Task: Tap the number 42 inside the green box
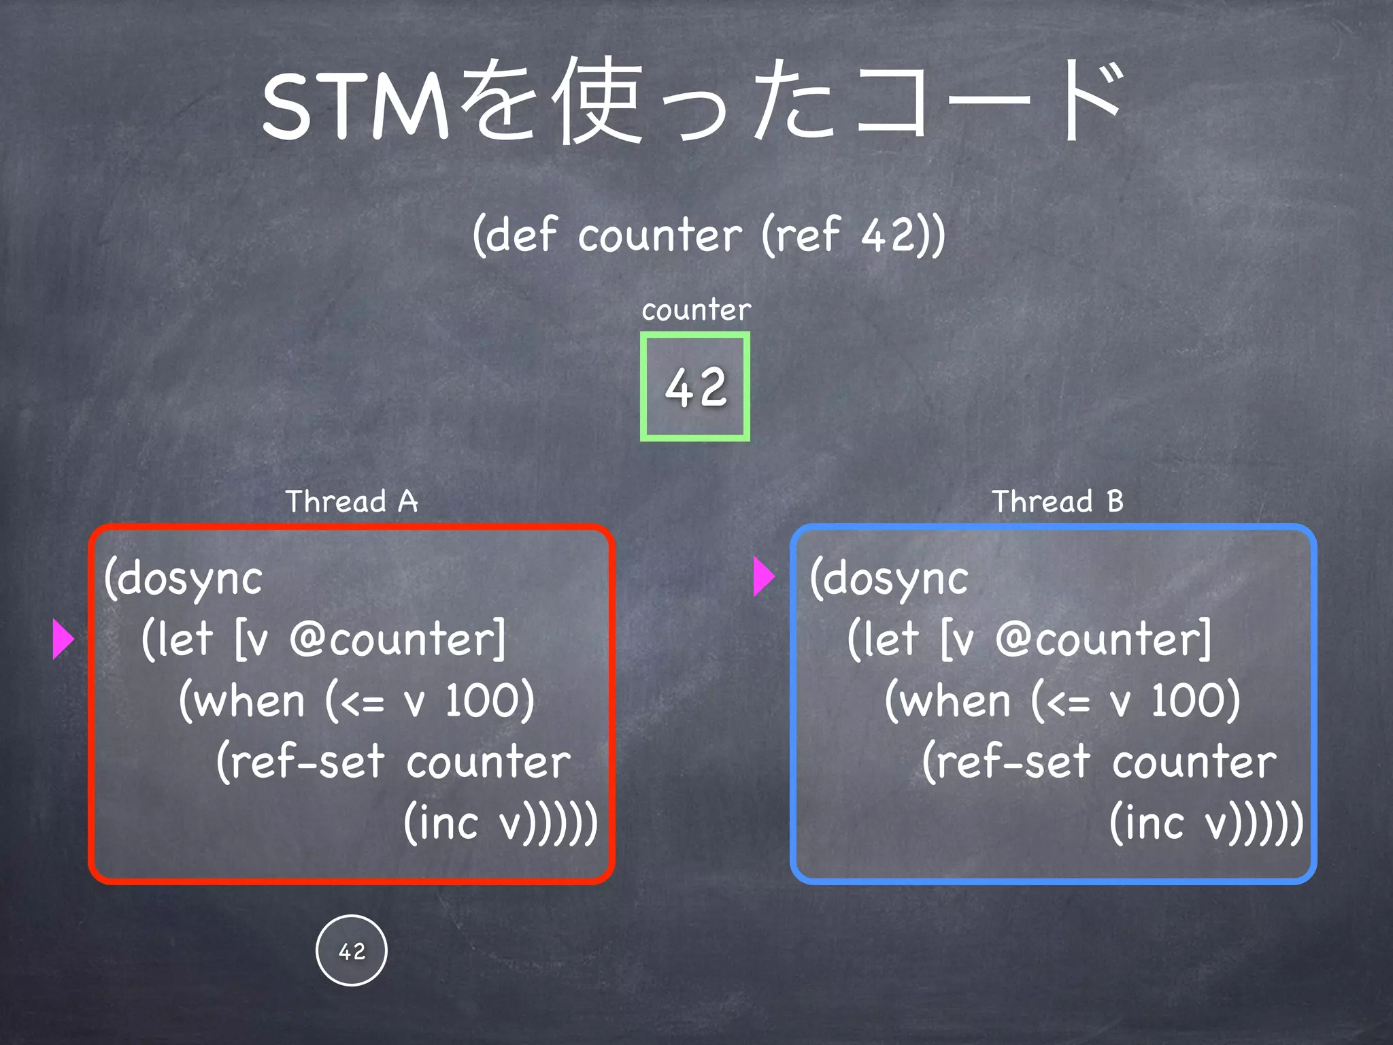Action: [x=695, y=387]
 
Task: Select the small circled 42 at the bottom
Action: [x=352, y=950]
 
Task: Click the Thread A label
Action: [x=351, y=501]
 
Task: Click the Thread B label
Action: [x=1057, y=501]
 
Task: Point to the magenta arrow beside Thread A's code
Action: [x=63, y=639]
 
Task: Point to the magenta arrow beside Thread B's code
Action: [x=764, y=577]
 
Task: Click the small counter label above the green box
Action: [x=696, y=310]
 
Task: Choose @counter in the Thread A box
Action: [x=397, y=640]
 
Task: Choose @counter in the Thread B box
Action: [x=1103, y=640]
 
